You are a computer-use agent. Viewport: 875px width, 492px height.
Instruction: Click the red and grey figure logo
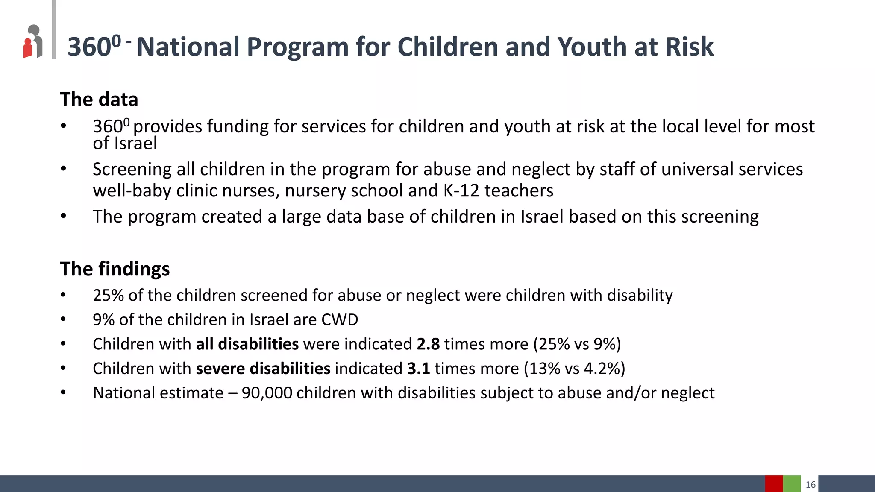33,41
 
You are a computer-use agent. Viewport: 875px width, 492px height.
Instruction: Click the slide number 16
810,484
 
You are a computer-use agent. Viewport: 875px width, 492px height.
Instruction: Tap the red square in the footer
774,483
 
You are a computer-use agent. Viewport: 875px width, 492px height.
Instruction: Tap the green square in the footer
792,483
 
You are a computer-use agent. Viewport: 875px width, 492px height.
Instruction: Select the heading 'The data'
99,100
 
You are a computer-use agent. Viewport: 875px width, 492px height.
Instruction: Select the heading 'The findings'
115,269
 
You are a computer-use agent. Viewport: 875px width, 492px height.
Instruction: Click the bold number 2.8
428,344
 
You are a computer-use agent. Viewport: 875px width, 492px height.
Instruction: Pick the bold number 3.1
418,369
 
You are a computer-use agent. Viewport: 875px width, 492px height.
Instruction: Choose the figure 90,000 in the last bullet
267,393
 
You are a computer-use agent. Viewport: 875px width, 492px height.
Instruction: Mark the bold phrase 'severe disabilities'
263,369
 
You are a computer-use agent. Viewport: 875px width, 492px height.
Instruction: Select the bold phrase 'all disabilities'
247,344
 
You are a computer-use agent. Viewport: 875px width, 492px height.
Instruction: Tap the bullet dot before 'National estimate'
63,392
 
